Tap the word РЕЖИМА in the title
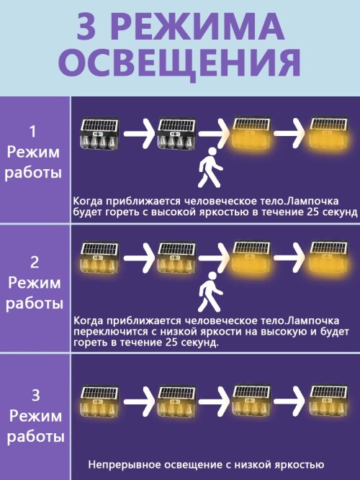click(x=200, y=27)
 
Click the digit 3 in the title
click(x=87, y=27)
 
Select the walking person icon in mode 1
click(x=210, y=168)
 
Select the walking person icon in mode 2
click(x=210, y=291)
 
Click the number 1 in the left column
click(x=33, y=131)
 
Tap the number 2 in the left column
click(x=35, y=263)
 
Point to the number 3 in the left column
click(x=35, y=395)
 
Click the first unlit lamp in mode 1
click(x=99, y=134)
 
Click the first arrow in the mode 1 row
click(x=140, y=133)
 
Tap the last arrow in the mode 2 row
click(x=289, y=258)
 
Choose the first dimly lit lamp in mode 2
click(x=99, y=258)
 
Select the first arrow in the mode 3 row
click(x=140, y=402)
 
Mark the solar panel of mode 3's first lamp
click(x=99, y=394)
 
